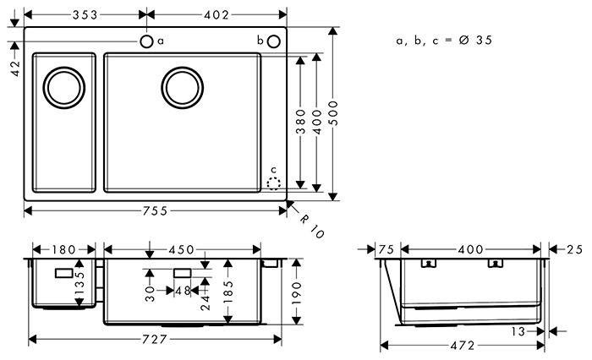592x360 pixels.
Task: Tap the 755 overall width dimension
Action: click(155, 210)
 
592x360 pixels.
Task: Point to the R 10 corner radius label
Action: click(311, 224)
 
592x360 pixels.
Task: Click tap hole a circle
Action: click(146, 41)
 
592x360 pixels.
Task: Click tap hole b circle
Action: click(275, 41)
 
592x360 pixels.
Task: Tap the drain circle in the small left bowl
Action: click(63, 87)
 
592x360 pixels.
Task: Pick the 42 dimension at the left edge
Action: click(15, 69)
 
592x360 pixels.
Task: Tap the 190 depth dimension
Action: click(298, 291)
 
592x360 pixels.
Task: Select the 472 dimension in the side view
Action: click(462, 345)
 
